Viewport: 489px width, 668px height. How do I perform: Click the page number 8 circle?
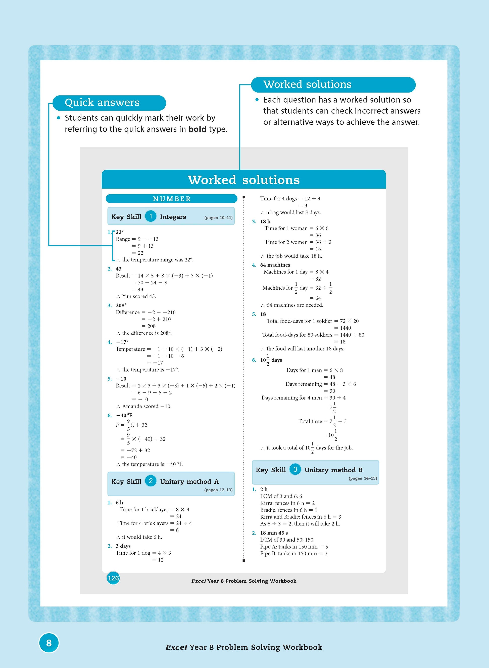(49, 643)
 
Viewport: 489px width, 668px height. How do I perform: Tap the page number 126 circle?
(113, 578)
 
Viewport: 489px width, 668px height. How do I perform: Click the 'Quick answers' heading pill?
(109, 103)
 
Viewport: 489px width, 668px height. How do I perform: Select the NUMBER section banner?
(171, 199)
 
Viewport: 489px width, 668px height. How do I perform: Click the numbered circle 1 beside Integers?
(151, 216)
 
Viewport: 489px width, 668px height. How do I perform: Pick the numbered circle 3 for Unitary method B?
(295, 469)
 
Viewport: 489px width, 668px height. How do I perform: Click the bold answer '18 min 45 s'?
(274, 533)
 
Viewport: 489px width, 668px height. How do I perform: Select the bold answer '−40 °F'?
(124, 415)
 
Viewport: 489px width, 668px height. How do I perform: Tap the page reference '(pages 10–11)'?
(218, 218)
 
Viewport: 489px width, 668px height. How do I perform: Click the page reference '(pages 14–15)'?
(363, 478)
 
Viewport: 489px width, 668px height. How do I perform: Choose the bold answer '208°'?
(121, 305)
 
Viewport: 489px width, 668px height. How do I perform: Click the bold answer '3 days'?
(123, 546)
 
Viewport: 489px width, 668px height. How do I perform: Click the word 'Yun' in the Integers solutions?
(127, 296)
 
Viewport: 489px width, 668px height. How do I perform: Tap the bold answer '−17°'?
(122, 342)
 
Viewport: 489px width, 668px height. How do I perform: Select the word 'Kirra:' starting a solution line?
(267, 503)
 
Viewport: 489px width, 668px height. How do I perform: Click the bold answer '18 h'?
(265, 221)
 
